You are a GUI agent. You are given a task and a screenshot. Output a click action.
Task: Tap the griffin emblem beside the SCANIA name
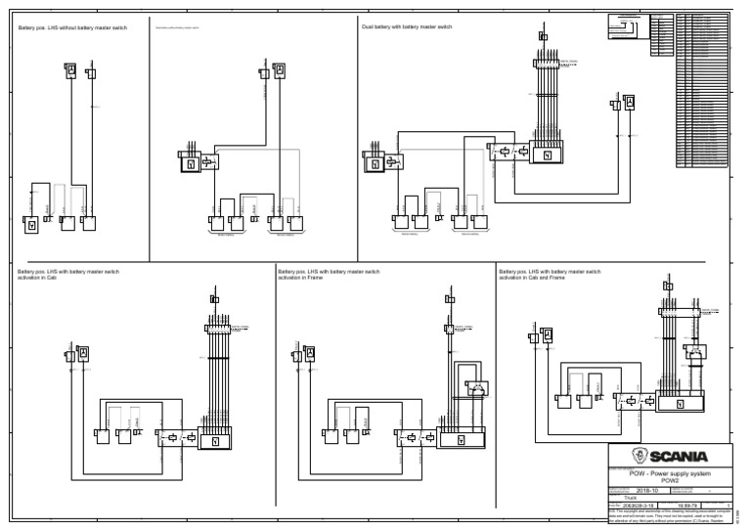tap(640, 457)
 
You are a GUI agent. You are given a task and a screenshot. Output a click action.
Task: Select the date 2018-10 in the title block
tap(647, 490)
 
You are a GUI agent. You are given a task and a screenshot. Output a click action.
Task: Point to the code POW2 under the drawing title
tap(669, 480)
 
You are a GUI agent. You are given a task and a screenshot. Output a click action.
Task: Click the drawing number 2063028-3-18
tap(641, 507)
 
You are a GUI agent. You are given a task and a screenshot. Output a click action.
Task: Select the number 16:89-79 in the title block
tap(687, 507)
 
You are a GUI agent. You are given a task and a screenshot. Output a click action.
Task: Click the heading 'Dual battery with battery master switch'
tap(407, 27)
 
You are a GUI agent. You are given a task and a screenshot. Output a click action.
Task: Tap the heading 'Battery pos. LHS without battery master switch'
tap(72, 27)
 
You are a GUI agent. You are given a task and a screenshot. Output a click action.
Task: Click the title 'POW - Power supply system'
tap(669, 473)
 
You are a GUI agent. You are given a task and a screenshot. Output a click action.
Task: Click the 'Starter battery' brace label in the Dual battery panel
tap(409, 235)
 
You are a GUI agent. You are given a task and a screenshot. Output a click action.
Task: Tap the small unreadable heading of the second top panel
tap(177, 27)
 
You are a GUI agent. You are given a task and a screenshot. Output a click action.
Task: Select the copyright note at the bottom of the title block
tap(669, 519)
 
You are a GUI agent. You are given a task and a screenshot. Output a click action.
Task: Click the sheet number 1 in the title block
tap(727, 507)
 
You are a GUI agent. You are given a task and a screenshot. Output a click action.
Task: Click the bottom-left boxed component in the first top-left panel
tap(31, 224)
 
